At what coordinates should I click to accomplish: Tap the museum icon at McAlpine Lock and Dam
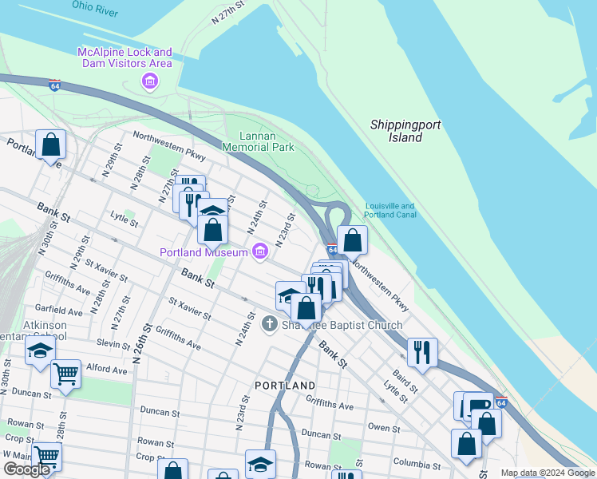click(148, 81)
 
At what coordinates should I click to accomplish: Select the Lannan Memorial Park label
click(258, 141)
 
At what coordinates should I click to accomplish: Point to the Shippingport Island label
click(405, 131)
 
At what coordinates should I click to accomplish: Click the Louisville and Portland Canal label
click(390, 210)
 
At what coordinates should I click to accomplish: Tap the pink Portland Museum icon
click(259, 253)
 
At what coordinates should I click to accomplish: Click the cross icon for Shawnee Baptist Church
click(270, 324)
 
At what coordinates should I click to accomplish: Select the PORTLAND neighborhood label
click(285, 386)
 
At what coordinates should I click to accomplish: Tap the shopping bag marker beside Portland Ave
click(50, 144)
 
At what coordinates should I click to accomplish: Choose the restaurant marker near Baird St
click(421, 350)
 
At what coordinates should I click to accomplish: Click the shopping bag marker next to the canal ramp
click(352, 239)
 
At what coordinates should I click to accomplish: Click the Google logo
click(26, 470)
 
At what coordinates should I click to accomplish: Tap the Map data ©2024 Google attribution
click(548, 473)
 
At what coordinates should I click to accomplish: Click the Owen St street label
click(384, 428)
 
